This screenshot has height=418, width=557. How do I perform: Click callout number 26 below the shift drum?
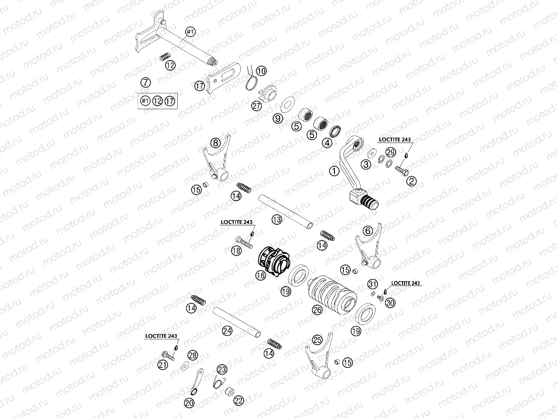click(317, 310)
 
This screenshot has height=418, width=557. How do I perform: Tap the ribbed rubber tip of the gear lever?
click(369, 204)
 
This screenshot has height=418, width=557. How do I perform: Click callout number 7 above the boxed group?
click(145, 82)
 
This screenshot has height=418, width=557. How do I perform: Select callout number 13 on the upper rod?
click(277, 220)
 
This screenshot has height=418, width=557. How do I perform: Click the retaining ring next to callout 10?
click(253, 84)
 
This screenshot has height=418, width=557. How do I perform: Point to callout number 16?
click(261, 275)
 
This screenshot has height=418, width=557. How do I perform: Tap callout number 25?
click(317, 340)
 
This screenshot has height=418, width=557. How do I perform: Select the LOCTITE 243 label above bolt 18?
click(237, 222)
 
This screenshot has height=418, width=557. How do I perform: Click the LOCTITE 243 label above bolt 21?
click(161, 336)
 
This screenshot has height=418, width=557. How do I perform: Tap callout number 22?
click(239, 401)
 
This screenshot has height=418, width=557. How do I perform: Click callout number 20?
click(189, 403)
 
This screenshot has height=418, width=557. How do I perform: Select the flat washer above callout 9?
click(286, 105)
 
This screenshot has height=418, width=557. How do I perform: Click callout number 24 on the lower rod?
click(227, 330)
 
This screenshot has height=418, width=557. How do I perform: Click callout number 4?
click(327, 143)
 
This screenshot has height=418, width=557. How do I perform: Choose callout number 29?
click(391, 153)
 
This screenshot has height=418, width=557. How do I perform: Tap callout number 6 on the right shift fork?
click(368, 231)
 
